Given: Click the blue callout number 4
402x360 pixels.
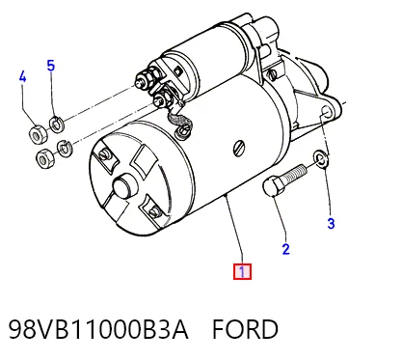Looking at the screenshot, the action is point(22,77).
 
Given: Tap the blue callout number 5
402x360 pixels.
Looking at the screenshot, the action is point(51,66).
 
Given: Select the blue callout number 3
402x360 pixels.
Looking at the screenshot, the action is point(331,223).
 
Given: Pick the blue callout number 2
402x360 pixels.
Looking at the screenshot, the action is point(286,249).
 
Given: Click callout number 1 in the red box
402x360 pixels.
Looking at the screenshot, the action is point(242,272).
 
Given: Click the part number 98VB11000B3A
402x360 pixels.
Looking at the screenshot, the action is point(98,329).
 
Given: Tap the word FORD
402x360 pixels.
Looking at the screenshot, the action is point(245,329).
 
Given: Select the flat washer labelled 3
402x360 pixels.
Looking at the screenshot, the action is point(320,158).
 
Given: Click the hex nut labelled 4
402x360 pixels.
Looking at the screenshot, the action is point(39,134).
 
